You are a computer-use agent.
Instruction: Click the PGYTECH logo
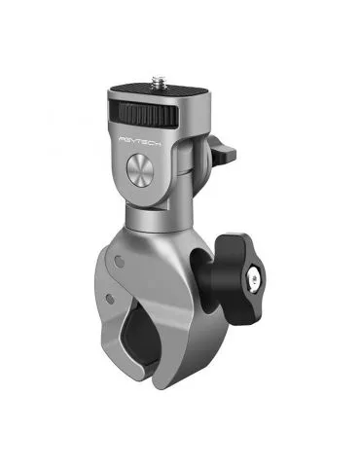click(140, 140)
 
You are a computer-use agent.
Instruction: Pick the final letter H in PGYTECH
click(158, 142)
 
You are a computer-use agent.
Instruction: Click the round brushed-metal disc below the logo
click(140, 169)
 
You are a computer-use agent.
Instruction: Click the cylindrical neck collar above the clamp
click(159, 218)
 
